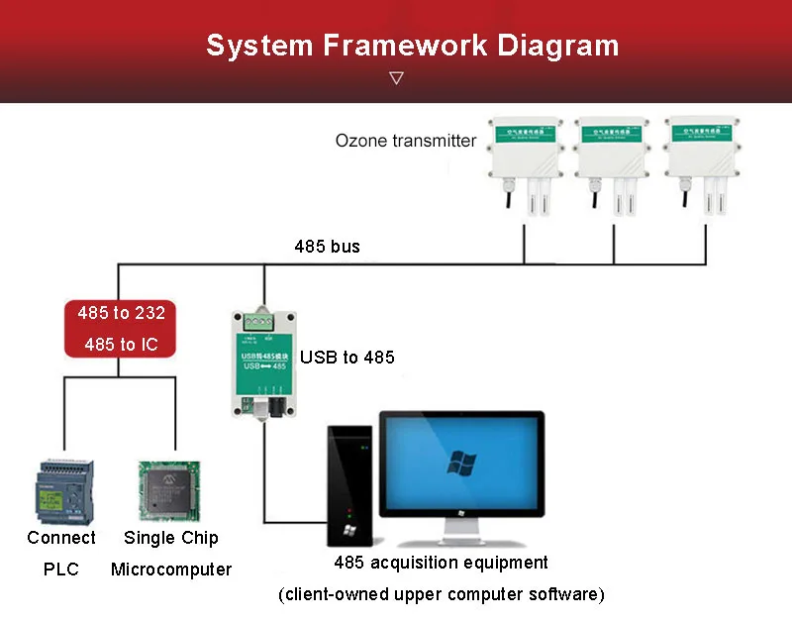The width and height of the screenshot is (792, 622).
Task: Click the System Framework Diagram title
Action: [x=412, y=46]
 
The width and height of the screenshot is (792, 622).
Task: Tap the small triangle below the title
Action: [x=396, y=77]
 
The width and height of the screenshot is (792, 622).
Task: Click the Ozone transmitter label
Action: [x=406, y=141]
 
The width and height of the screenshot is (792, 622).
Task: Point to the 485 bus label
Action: [x=327, y=246]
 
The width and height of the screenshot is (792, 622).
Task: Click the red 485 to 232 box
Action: [x=121, y=329]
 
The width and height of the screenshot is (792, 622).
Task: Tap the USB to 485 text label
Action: [x=346, y=357]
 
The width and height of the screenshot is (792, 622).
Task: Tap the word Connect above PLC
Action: [x=61, y=538]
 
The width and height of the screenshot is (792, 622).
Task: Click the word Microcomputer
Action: [x=171, y=570]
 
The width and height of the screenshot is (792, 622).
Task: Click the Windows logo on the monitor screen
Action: [x=460, y=462]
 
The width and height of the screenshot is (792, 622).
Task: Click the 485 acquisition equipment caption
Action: [x=441, y=563]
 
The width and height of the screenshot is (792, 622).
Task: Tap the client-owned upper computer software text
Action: [x=441, y=594]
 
